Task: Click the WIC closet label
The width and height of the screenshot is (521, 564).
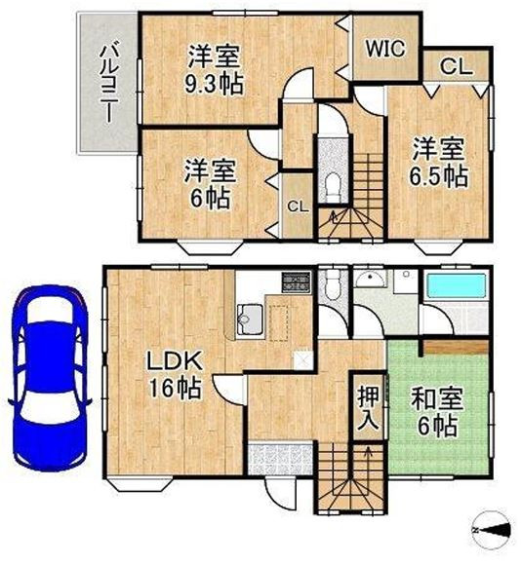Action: point(385,49)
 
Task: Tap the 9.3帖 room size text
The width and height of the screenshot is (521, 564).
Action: point(214,85)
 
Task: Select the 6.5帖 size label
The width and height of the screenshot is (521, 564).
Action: point(438,175)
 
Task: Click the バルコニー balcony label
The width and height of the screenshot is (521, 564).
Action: point(108,83)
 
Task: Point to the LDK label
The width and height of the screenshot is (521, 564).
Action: point(175,362)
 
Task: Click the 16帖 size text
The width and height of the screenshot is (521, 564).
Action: point(175,388)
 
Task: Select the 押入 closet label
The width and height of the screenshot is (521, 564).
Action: point(368,409)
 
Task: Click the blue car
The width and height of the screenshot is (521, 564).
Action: point(50,378)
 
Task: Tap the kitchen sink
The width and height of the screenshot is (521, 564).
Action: point(250,320)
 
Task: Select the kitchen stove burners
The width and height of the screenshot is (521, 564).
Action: point(297,282)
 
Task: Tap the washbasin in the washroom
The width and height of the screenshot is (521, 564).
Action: point(370,279)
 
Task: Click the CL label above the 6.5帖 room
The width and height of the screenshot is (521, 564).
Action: point(457,66)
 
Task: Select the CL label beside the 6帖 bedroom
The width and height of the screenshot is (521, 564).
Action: point(298,207)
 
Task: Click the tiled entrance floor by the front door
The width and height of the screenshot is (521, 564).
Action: point(280,460)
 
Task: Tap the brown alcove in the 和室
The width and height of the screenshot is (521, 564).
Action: point(456,347)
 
